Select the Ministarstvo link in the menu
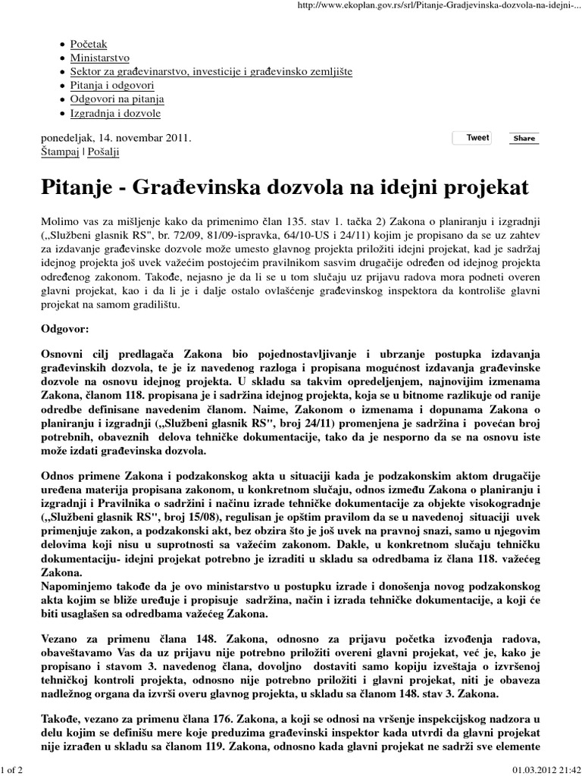[x=99, y=58]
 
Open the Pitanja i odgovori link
[x=112, y=86]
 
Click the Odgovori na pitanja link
[x=117, y=99]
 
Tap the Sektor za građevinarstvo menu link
[x=211, y=72]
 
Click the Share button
[x=524, y=139]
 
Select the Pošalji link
[x=103, y=152]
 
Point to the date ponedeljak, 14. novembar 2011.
[x=115, y=138]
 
